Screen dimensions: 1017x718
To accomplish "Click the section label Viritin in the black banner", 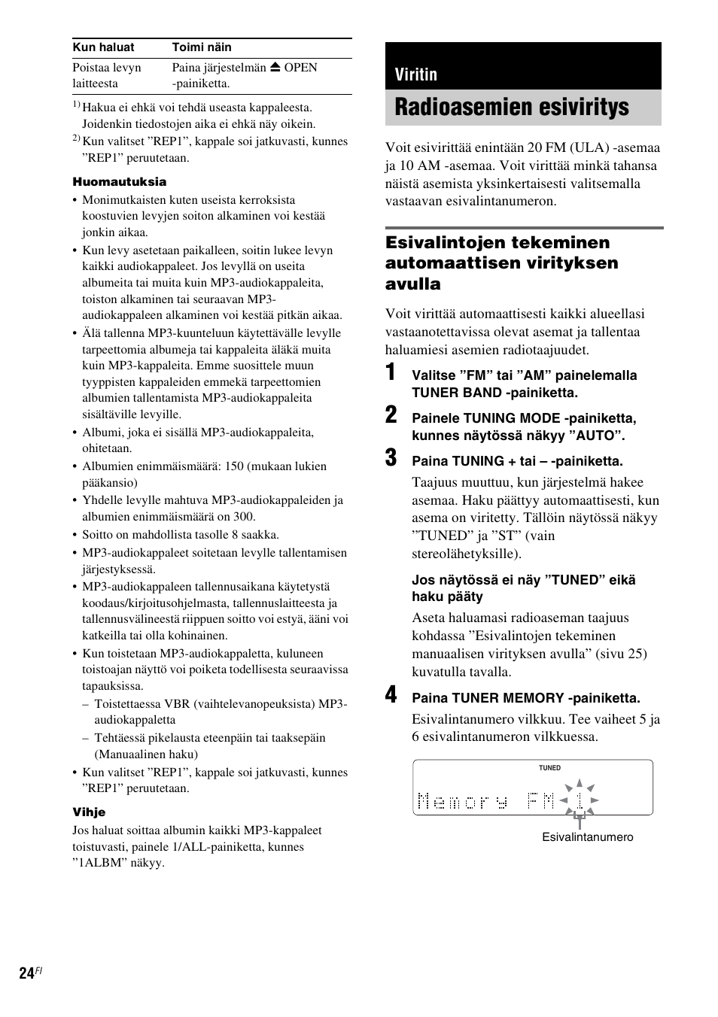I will click(x=416, y=74).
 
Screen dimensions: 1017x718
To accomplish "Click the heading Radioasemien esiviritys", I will click(x=512, y=108).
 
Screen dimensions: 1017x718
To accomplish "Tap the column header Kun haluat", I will click(x=103, y=47).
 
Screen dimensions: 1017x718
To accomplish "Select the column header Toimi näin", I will click(x=202, y=47).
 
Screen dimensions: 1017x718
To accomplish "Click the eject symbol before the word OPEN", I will click(x=275, y=67).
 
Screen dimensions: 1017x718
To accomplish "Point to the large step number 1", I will click(x=391, y=373).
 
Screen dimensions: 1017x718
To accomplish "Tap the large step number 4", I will click(x=391, y=696).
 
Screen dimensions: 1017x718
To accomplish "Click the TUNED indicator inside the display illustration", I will click(x=549, y=768).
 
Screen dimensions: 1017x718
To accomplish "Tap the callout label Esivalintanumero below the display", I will click(x=588, y=837).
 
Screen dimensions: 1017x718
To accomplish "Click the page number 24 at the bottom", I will click(x=27, y=973).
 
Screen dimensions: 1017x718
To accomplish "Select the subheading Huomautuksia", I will click(x=120, y=182).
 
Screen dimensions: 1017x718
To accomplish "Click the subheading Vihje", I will click(x=89, y=812).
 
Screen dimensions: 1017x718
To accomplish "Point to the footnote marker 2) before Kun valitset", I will click(x=76, y=139).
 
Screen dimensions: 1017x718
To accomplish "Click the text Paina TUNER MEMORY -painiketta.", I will click(x=525, y=698).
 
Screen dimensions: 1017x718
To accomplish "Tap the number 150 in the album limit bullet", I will click(x=234, y=466).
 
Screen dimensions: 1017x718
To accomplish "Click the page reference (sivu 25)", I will click(x=622, y=654).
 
